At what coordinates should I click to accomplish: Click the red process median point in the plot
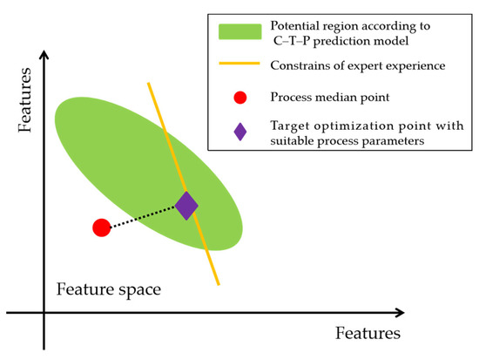tap(101, 228)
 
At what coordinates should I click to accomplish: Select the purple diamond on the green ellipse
tap(186, 206)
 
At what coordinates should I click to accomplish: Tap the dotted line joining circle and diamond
tap(144, 217)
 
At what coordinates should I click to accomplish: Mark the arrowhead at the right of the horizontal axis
tap(400, 311)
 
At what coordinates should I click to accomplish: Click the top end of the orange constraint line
tap(149, 84)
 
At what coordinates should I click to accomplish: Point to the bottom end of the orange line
tap(219, 284)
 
